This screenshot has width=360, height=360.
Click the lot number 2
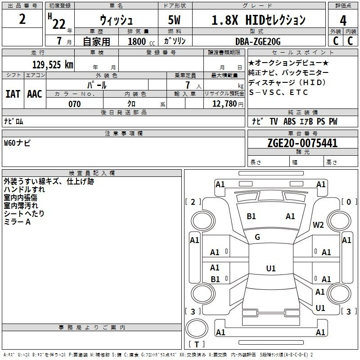point(22,19)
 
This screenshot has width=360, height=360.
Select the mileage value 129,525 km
point(53,65)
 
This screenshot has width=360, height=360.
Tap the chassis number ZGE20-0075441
point(302,143)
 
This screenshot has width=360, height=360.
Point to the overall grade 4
point(343,20)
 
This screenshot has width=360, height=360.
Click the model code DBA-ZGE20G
point(258,41)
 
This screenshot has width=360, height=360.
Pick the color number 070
point(75,104)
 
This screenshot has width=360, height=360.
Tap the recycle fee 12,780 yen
point(228,104)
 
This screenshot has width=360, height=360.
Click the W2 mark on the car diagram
point(318,225)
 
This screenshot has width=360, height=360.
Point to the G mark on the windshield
point(257,237)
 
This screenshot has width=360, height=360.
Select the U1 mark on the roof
point(271,268)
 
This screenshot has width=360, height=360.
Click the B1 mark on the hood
point(251,216)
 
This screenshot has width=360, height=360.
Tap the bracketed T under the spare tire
point(197,344)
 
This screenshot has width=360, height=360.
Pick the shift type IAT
point(13,94)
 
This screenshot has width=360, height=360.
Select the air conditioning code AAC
point(35,94)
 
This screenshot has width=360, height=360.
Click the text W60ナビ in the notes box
point(17,143)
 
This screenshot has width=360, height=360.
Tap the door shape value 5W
point(174,20)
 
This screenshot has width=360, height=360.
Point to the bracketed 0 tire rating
point(349,202)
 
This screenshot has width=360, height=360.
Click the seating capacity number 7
point(188,85)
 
